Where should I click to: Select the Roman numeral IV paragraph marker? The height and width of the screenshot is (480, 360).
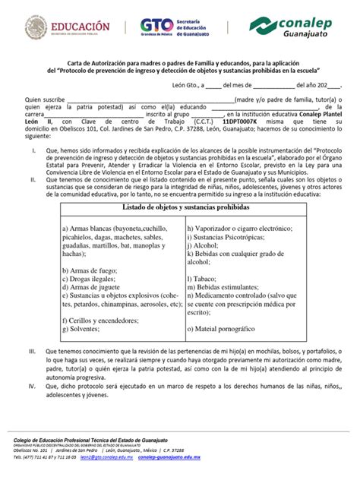coord(31,387)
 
